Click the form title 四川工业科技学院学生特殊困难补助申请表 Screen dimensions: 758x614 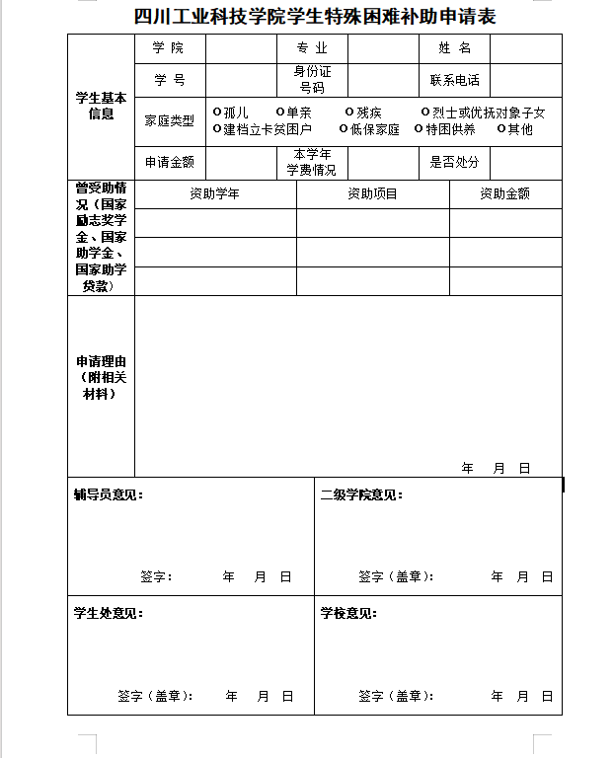[314, 17]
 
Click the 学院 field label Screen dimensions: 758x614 [168, 47]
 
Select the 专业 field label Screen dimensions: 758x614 [311, 47]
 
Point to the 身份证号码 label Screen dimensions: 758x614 [312, 79]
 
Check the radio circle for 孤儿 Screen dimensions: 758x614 [217, 113]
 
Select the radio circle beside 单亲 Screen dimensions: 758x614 [280, 113]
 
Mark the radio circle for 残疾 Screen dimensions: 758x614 [349, 113]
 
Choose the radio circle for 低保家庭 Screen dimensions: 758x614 [344, 128]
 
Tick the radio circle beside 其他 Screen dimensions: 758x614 [501, 128]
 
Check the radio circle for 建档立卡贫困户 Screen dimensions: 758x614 [217, 128]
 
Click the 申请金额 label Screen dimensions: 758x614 [170, 162]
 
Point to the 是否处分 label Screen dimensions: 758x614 [454, 162]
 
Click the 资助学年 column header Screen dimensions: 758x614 [214, 194]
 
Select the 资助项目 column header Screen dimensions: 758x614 [372, 194]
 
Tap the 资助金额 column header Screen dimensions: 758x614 [504, 194]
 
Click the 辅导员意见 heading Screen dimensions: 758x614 [108, 494]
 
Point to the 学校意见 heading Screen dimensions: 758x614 [348, 613]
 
